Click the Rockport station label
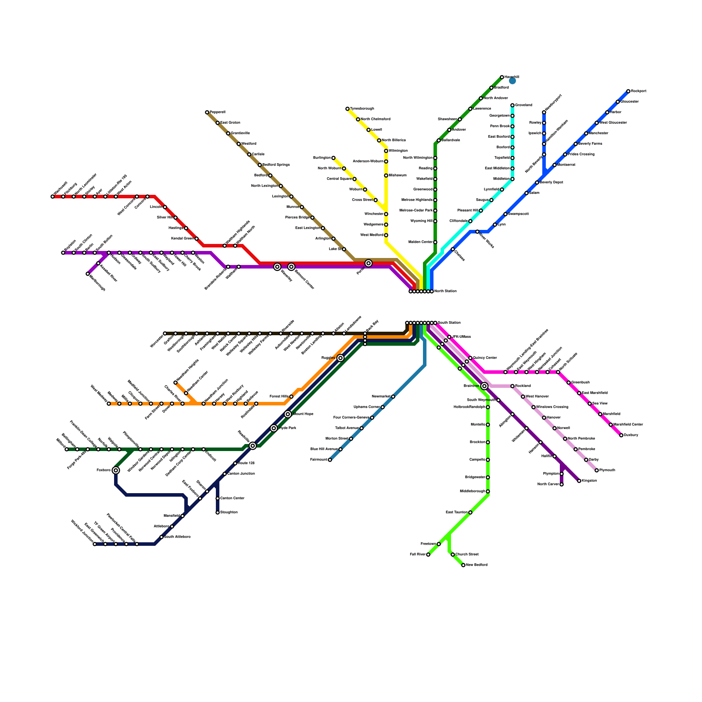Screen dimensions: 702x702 coord(638,91)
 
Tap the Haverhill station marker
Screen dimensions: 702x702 coord(502,77)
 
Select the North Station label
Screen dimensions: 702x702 coord(445,291)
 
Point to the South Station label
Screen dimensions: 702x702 coord(449,323)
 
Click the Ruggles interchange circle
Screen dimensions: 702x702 coord(340,358)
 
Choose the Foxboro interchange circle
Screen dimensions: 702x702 coord(116,470)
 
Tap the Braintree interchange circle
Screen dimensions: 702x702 coord(484,386)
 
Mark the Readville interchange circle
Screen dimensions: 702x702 coord(253,446)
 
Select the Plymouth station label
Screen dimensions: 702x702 coord(607,470)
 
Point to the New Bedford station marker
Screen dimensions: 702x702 coord(463,565)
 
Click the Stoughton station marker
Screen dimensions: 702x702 coord(218,512)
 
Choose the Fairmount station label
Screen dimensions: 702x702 coord(319,460)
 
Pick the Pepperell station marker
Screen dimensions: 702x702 coord(207,112)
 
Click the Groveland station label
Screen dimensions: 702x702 coord(523,105)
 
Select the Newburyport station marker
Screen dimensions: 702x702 coord(544,112)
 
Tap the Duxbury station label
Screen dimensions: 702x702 coord(631,435)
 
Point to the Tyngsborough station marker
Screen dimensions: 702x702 coord(347,109)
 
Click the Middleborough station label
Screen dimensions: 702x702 coord(473,491)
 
